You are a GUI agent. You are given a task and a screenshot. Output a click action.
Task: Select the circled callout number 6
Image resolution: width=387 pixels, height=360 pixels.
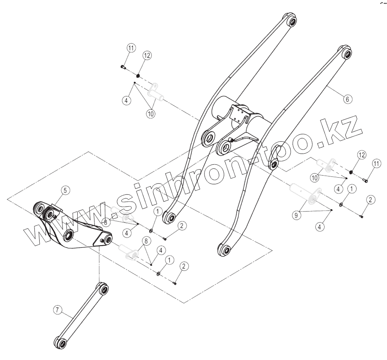coord(348,98)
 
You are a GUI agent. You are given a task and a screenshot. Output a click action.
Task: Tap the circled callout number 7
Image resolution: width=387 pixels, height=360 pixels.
coord(58,310)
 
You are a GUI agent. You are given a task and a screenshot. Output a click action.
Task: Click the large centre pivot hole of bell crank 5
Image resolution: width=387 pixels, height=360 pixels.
coord(68,235)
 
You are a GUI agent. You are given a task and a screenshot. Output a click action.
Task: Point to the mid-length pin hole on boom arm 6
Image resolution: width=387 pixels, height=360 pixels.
coord(274,165)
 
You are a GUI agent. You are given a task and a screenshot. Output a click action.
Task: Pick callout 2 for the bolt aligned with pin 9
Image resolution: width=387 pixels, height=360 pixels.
coord(371,200)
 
